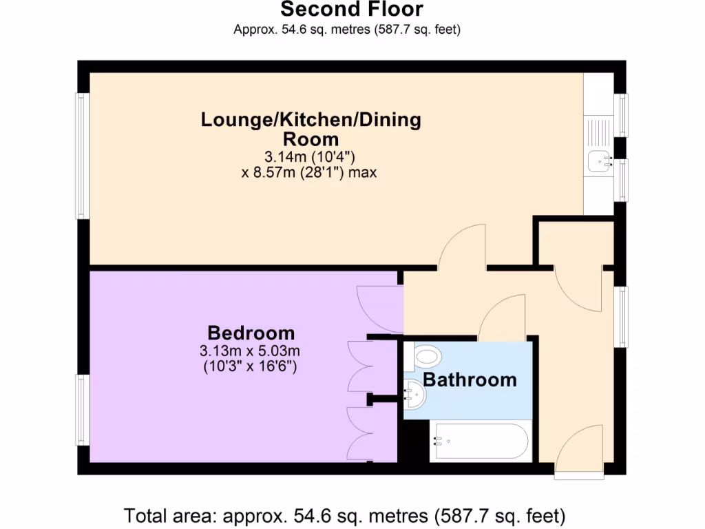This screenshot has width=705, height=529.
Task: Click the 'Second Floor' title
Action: click(352, 9)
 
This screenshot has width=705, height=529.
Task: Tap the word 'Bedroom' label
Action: click(251, 333)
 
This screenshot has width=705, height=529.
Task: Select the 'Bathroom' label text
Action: click(470, 380)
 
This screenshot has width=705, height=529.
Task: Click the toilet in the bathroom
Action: click(423, 357)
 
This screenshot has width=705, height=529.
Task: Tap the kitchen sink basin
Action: click(600, 161)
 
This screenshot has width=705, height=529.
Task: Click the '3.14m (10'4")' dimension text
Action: click(310, 157)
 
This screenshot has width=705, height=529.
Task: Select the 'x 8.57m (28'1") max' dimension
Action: click(309, 172)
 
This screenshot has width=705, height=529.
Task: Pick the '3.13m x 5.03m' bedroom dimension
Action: click(250, 351)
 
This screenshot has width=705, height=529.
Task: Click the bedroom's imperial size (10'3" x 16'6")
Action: click(250, 366)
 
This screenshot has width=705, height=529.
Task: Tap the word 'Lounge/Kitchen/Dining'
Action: click(311, 120)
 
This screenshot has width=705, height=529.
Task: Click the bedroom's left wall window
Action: click(83, 411)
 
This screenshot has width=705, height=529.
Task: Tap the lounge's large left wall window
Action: click(83, 156)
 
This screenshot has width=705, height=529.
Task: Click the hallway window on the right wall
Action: click(621, 317)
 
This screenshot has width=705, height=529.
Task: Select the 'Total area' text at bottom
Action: click(344, 516)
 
